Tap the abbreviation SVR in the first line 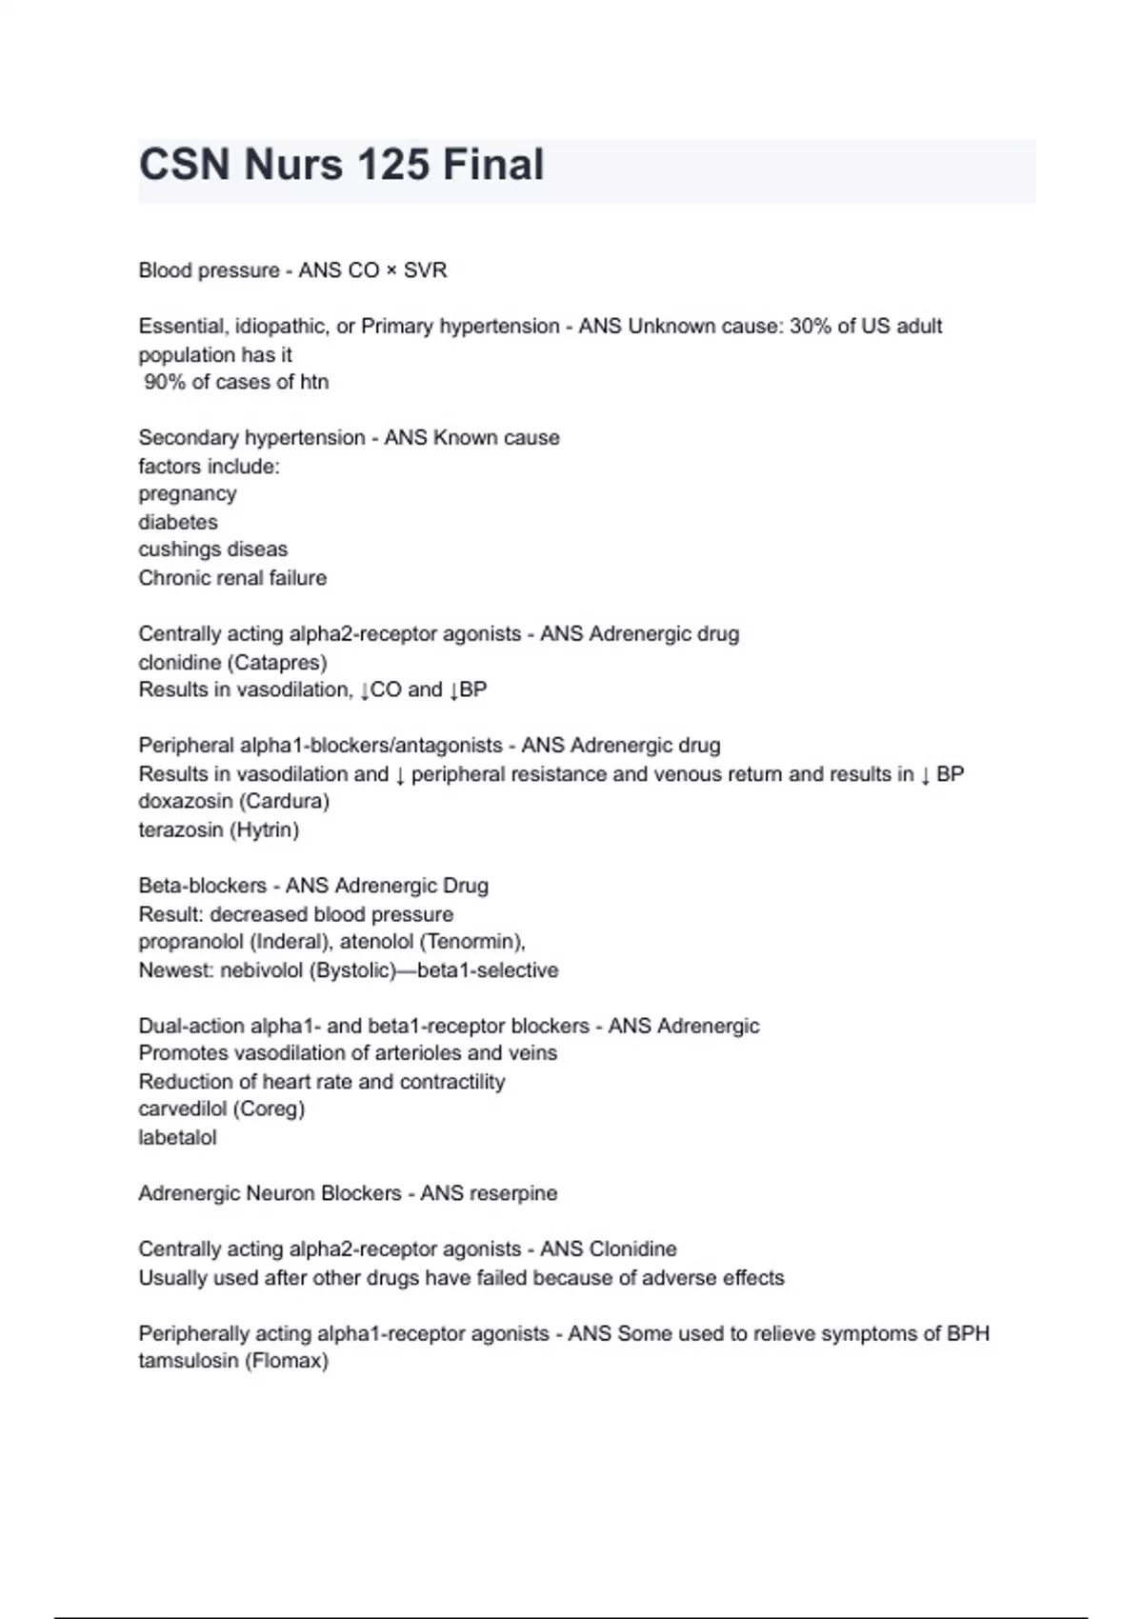[425, 270]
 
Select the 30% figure [810, 326]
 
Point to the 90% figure [165, 382]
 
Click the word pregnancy [187, 494]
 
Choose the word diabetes [178, 522]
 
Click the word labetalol [177, 1137]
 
